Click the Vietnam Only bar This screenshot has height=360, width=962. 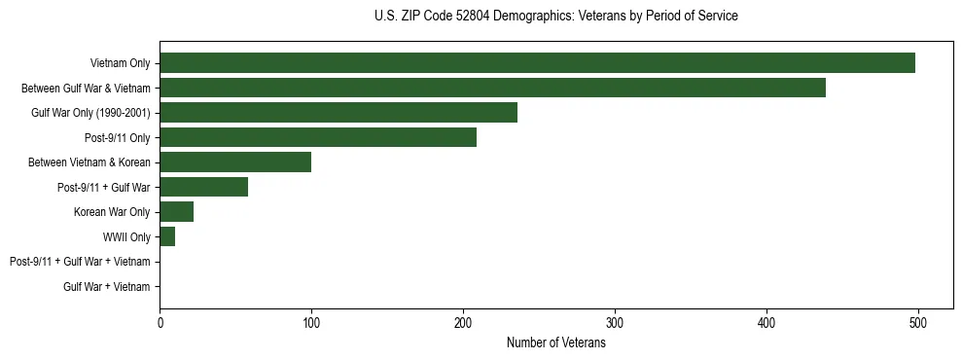pos(537,63)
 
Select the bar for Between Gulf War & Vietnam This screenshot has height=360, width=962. pos(492,88)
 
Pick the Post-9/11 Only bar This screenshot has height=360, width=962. pos(318,137)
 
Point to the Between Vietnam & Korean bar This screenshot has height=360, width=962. pos(235,162)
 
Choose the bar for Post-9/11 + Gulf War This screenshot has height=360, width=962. pos(204,187)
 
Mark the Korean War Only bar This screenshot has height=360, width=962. pos(177,212)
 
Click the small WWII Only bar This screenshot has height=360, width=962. pos(167,236)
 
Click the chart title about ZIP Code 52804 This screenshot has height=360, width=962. pos(555,17)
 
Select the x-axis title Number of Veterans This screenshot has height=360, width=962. pos(555,342)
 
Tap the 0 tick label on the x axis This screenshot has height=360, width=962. pos(160,322)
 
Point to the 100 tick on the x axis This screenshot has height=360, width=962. pos(311,322)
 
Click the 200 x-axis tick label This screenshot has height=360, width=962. pos(463,322)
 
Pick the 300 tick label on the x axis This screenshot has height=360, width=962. pos(615,322)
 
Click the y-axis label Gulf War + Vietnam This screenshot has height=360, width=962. pos(107,287)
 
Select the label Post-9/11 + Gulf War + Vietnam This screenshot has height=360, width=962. pos(80,262)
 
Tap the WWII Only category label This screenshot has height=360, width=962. pos(126,237)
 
